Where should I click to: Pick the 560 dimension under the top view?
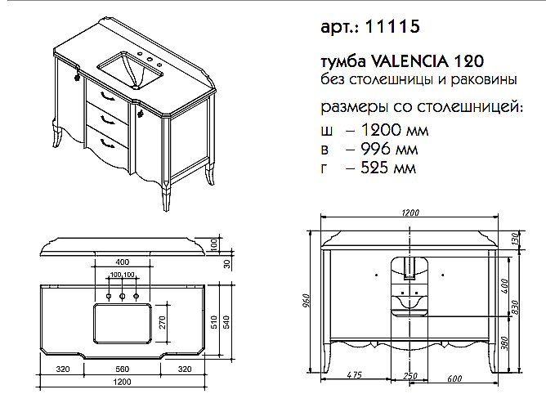click(x=123, y=369)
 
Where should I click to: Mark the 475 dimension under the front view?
click(x=355, y=375)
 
